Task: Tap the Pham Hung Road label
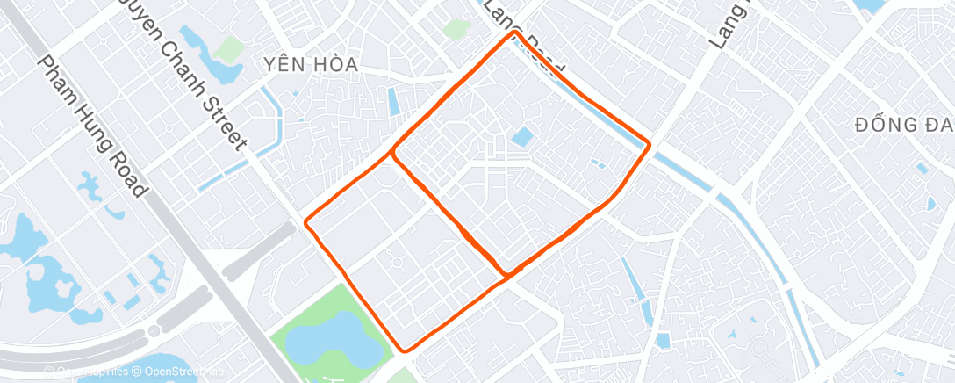click(91, 126)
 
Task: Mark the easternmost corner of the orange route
click(650, 143)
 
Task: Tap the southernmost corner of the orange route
click(405, 350)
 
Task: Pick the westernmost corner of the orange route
click(306, 222)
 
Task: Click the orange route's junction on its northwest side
click(393, 154)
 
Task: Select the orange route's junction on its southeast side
click(506, 276)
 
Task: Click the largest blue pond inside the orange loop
click(521, 137)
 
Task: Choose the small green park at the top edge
click(456, 29)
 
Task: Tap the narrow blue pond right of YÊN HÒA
click(392, 101)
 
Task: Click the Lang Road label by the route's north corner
click(523, 40)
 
